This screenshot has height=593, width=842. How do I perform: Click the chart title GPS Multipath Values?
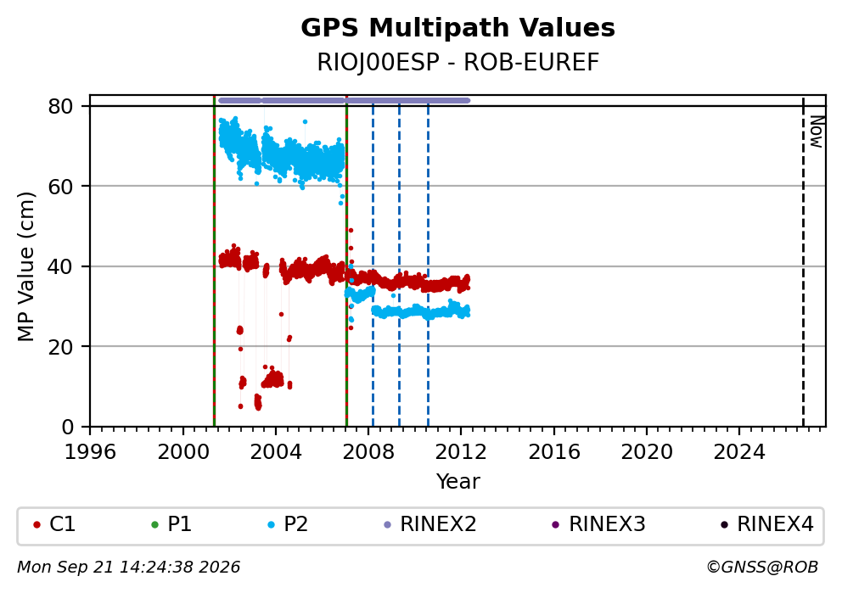(457, 28)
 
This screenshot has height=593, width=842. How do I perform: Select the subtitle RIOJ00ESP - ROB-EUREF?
(457, 62)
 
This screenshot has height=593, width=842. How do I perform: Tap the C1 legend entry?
(54, 524)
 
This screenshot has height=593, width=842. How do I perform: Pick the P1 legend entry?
(171, 524)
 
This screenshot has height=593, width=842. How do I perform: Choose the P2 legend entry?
(288, 524)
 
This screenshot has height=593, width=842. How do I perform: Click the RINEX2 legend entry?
(430, 524)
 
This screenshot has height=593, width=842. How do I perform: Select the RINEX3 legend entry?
(598, 524)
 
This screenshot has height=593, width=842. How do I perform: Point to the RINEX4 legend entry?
(767, 524)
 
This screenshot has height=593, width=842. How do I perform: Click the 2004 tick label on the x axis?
(276, 452)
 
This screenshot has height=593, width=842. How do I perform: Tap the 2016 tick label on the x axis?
(553, 452)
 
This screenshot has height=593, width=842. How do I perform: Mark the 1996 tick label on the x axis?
(90, 452)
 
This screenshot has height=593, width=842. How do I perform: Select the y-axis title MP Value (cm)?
(25, 266)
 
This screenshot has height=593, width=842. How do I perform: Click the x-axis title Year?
(457, 481)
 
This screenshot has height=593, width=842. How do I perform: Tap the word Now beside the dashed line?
(817, 131)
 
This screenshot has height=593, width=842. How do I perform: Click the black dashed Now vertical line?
(803, 261)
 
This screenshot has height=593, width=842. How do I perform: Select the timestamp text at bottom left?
(129, 568)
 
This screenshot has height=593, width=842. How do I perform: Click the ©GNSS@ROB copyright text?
(762, 568)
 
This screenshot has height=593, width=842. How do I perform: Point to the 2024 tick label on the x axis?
(739, 452)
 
